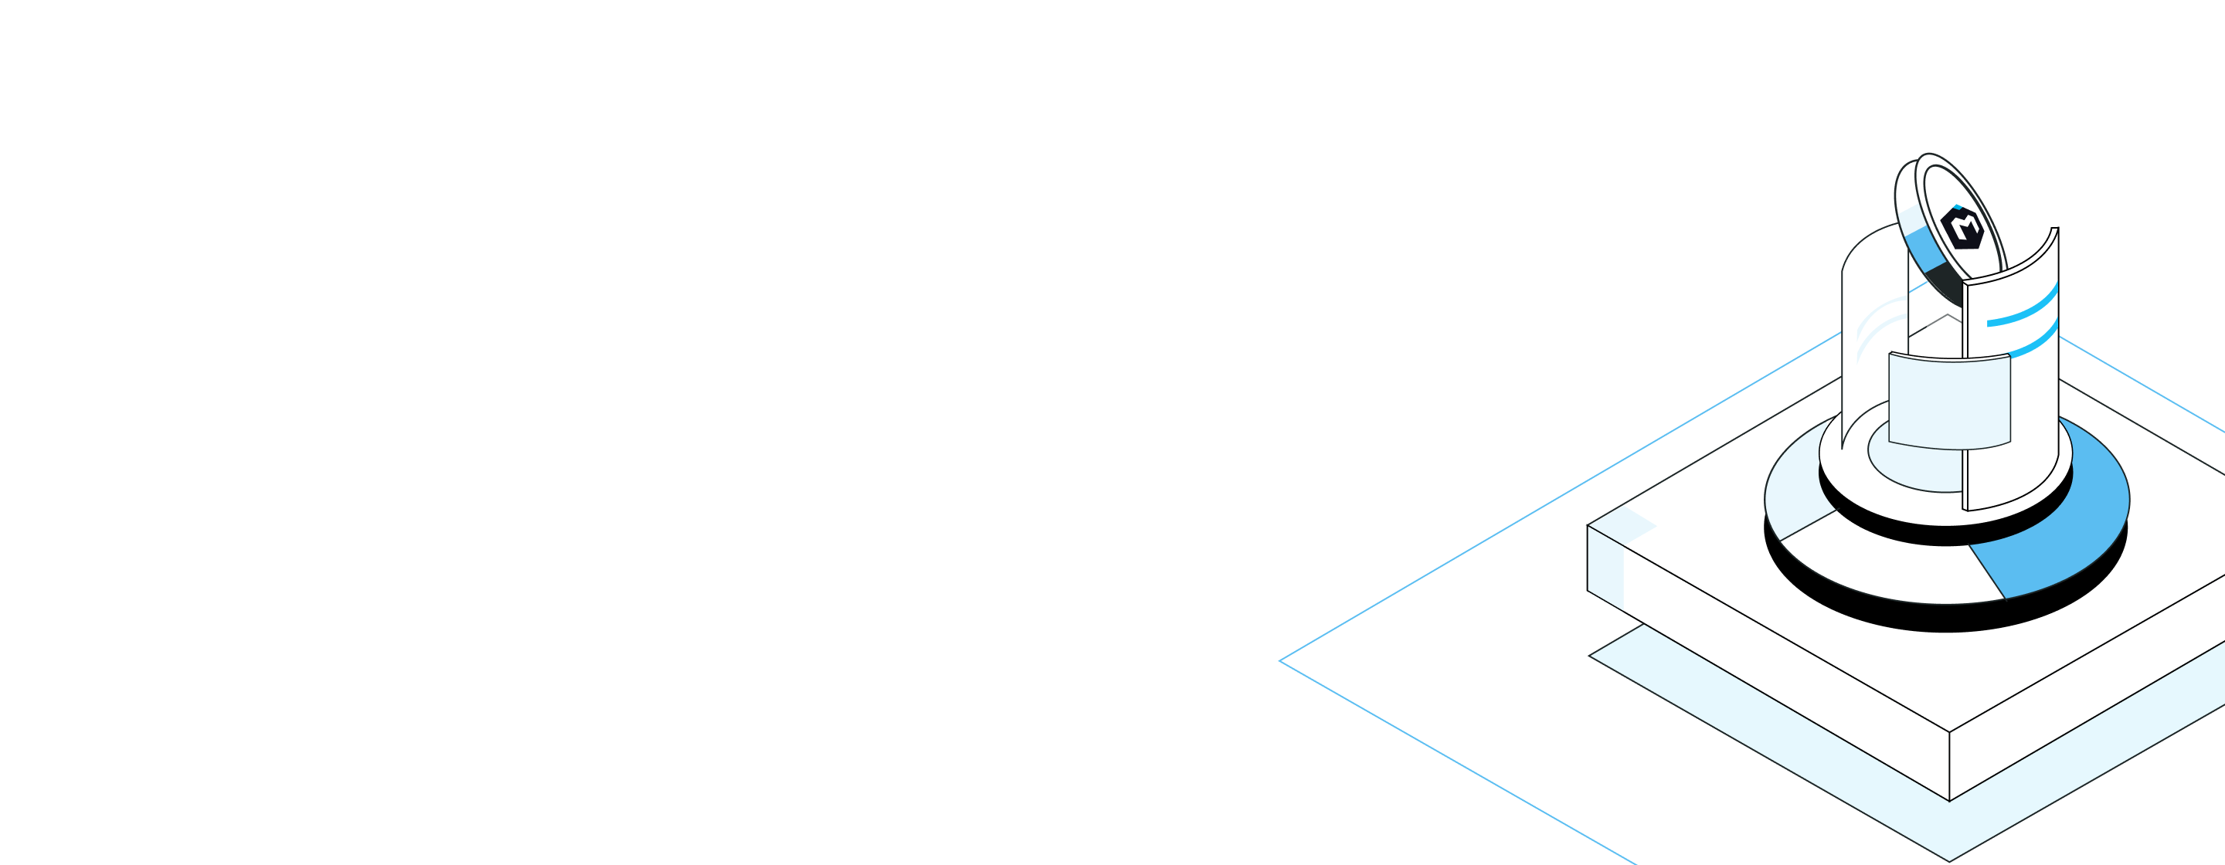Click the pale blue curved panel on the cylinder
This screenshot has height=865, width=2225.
(x=1948, y=402)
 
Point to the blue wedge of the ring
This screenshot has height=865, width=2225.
(x=2073, y=535)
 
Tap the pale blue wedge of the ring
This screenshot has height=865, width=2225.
(x=1792, y=509)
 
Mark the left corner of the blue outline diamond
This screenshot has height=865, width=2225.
(x=1282, y=661)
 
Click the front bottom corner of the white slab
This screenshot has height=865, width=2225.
(x=1949, y=799)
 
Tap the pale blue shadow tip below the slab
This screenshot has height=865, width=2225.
(x=1948, y=858)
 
